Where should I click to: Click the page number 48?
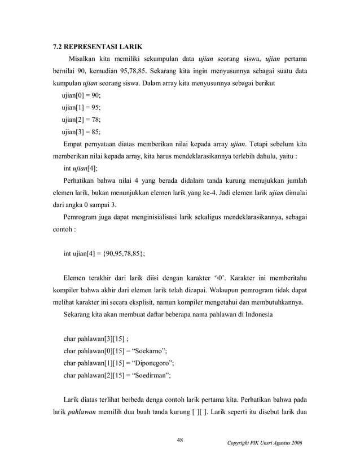coord(180,440)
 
